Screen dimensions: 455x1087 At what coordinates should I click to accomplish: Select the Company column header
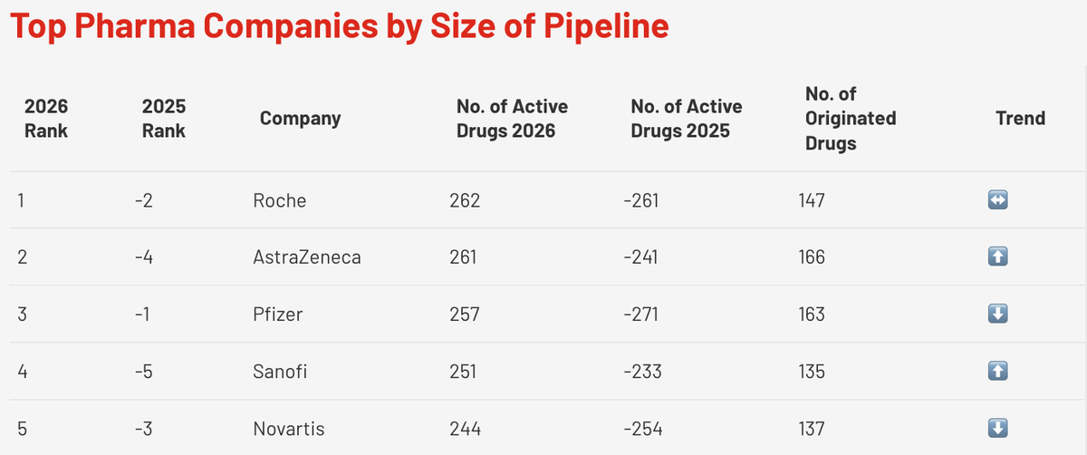point(300,118)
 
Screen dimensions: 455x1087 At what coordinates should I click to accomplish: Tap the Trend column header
point(1020,118)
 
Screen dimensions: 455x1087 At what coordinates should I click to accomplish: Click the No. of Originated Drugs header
point(851,118)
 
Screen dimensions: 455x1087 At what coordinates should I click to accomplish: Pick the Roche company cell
point(279,200)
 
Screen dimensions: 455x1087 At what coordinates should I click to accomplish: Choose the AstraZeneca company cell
point(306,257)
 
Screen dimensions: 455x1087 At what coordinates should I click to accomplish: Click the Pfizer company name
point(277,315)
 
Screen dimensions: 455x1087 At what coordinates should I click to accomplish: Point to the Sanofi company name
point(280,372)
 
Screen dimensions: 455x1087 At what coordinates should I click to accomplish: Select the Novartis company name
point(288,429)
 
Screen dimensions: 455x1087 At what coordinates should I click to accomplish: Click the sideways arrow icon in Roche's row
point(997,200)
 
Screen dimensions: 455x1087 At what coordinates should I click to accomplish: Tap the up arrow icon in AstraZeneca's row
point(997,257)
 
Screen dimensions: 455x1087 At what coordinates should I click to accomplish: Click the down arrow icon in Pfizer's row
point(997,315)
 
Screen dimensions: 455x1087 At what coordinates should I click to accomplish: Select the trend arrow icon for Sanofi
point(997,372)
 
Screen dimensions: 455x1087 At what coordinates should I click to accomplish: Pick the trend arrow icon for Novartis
point(997,429)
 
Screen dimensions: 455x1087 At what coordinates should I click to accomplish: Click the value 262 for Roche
point(464,200)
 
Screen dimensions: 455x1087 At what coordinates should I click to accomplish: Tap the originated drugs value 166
point(811,257)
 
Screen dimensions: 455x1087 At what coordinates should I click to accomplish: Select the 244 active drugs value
point(465,429)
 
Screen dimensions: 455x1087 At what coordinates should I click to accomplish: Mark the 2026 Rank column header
point(46,118)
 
